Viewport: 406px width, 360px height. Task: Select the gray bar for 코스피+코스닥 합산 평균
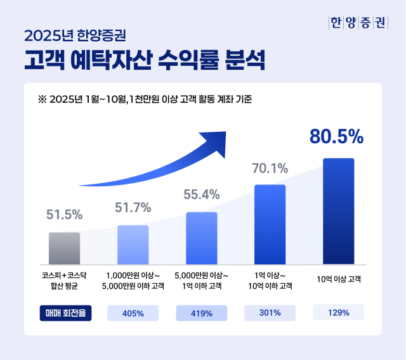64,248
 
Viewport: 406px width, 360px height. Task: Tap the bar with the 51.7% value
133,245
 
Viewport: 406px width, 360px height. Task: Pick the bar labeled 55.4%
201,238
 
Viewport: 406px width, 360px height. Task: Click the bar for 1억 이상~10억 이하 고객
270,224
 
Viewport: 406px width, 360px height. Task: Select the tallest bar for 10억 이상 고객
338,211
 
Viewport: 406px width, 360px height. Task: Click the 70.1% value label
270,169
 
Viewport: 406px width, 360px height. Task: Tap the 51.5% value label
64,215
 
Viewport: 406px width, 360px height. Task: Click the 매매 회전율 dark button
65,312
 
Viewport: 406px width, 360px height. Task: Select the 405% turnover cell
133,312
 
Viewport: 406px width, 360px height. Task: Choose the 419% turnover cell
201,312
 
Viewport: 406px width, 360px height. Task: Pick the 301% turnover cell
270,312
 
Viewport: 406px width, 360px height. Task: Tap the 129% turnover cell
338,312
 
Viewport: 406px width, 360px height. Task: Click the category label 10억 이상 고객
338,280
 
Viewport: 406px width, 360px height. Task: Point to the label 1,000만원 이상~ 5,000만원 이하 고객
133,281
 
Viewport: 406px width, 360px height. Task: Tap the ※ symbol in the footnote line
43,100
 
